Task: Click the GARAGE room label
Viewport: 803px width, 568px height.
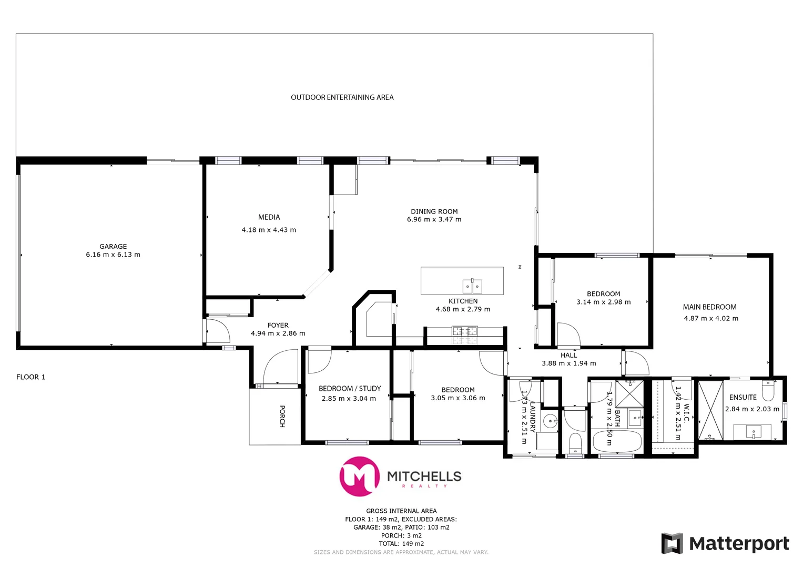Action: click(x=113, y=246)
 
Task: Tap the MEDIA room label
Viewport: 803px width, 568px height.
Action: click(x=269, y=217)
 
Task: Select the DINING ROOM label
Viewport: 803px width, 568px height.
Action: click(x=434, y=211)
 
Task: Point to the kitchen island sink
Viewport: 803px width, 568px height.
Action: click(x=472, y=286)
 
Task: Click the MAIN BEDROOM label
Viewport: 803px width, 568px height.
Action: click(x=709, y=307)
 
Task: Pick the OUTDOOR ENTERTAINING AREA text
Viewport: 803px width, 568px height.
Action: click(x=342, y=97)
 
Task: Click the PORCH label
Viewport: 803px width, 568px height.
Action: click(x=282, y=416)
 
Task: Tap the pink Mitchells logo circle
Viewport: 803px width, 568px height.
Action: click(x=360, y=476)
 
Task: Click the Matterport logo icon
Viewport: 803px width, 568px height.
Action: click(x=672, y=543)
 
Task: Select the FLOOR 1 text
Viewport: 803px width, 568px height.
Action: click(x=31, y=377)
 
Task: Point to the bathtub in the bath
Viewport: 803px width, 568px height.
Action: click(x=617, y=441)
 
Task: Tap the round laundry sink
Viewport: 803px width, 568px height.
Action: click(x=550, y=421)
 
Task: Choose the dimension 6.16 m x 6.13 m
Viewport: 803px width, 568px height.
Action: click(x=113, y=255)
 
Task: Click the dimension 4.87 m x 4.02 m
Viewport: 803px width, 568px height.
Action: click(x=711, y=319)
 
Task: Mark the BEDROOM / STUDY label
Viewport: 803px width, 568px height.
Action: click(x=350, y=389)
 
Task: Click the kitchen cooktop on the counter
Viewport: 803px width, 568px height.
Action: click(x=465, y=331)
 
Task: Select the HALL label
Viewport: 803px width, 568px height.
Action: click(x=568, y=356)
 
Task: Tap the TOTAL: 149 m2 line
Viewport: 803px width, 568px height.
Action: click(x=401, y=544)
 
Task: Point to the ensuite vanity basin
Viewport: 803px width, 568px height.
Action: click(x=754, y=433)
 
